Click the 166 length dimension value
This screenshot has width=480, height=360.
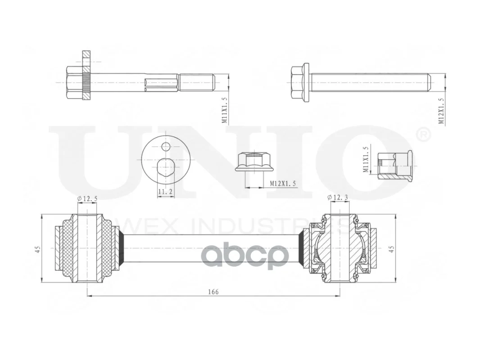click(213, 292)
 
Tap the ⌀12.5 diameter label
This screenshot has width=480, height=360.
click(87, 198)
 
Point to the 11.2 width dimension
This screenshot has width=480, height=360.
click(166, 192)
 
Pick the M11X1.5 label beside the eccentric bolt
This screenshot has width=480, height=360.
click(225, 110)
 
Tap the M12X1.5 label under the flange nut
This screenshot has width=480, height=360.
click(283, 184)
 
